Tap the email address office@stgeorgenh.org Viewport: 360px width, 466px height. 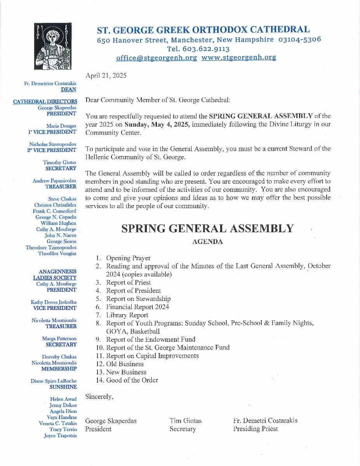tap(157, 57)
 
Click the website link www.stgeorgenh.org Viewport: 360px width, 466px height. tap(239, 57)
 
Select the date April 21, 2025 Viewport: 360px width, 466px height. tap(106, 76)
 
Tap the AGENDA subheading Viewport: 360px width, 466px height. tap(207, 242)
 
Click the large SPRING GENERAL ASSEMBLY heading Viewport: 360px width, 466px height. tap(207, 228)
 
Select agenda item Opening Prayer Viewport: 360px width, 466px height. tap(128, 258)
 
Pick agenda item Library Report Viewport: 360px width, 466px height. tap(127, 315)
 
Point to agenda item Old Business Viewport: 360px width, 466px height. tap(125, 364)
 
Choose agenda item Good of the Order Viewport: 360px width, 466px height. tap(132, 380)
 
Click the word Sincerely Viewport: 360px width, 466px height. tap(99, 396)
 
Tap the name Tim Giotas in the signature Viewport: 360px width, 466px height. tap(186, 421)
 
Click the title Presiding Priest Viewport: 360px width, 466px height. tap(256, 429)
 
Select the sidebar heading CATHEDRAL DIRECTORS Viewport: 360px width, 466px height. tap(45, 102)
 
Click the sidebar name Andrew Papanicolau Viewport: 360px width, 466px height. tap(54, 180)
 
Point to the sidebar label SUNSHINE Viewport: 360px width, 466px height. tap(63, 387)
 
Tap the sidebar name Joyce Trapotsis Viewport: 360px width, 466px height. tap(60, 436)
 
